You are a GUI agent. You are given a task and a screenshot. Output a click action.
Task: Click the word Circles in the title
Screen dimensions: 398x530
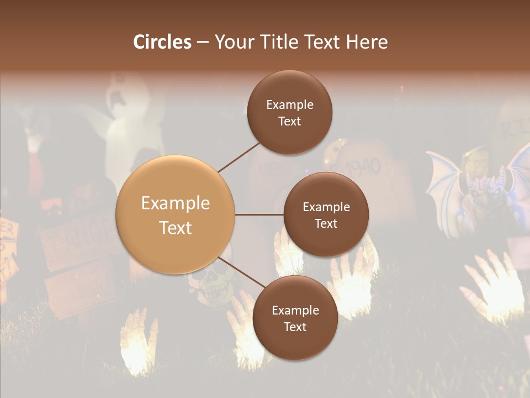point(162,42)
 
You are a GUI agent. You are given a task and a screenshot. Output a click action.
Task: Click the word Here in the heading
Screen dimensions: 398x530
point(367,42)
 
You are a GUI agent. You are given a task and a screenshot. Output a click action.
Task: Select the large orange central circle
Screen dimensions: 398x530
point(176,215)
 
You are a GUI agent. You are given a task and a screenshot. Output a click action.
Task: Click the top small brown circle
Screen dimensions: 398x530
point(290,112)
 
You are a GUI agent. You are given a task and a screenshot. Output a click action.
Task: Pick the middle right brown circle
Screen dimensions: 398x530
point(326,214)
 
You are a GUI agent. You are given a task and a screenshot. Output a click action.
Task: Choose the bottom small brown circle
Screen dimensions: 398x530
point(295,318)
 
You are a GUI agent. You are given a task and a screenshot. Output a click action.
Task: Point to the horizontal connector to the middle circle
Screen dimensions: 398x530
point(259,214)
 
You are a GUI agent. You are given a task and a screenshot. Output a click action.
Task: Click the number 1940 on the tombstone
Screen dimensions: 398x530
point(363,166)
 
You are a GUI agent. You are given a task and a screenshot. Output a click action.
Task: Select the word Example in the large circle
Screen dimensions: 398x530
point(176,203)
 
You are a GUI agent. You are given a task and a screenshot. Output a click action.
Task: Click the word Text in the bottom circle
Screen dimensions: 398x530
point(295,327)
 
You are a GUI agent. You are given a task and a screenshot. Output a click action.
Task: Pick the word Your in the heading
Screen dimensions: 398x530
point(233,42)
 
